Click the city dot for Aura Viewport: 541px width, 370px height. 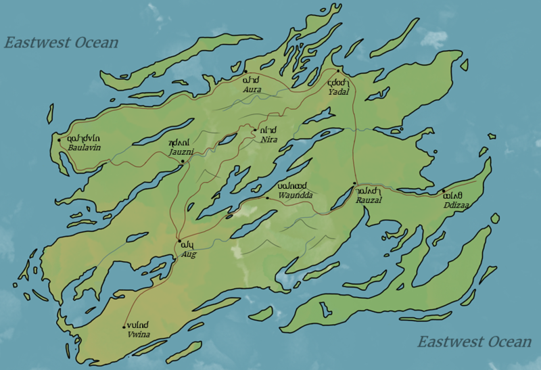(x=245, y=72)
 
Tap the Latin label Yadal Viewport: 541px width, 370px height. (x=338, y=91)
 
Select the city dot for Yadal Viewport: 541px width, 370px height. (x=338, y=70)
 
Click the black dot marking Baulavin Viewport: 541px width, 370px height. (x=60, y=139)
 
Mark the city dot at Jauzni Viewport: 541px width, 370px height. (x=182, y=161)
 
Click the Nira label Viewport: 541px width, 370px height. (x=269, y=139)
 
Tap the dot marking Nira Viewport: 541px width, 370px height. (x=254, y=129)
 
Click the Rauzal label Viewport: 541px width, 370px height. (x=369, y=201)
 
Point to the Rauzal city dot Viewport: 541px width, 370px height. (x=354, y=183)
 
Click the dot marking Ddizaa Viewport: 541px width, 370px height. (x=444, y=191)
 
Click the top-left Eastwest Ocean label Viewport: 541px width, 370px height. (x=62, y=43)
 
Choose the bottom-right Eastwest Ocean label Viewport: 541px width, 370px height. (x=474, y=342)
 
